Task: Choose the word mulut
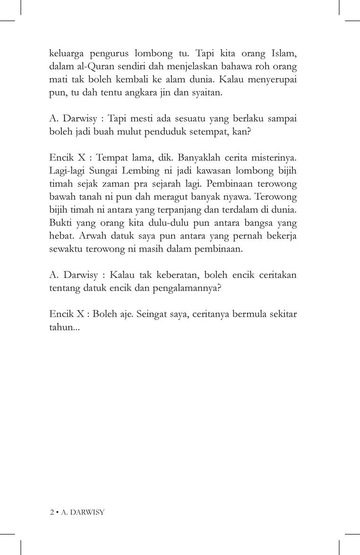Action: point(150,133)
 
